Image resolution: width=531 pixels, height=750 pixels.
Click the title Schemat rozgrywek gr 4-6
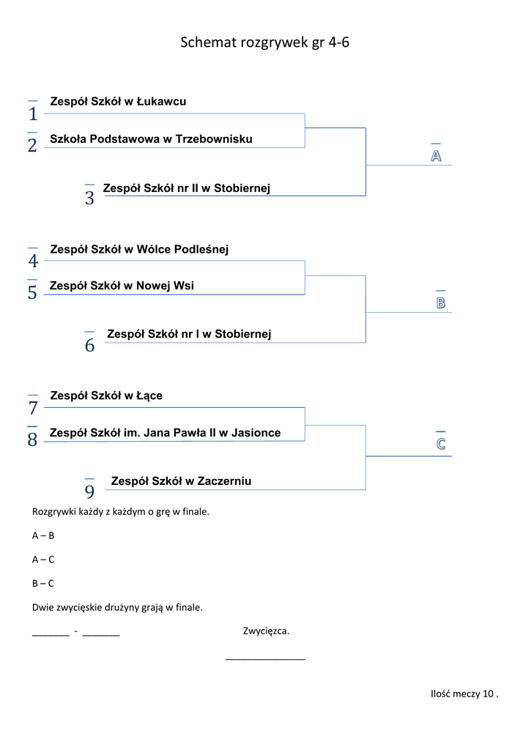264,42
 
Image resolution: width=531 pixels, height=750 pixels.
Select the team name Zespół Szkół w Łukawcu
118,102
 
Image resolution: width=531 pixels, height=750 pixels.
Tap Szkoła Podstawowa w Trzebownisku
151,139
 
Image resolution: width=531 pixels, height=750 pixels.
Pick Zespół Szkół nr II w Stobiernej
187,189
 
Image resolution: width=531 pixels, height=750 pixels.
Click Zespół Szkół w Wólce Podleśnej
139,250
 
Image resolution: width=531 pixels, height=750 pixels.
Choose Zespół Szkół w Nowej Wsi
122,286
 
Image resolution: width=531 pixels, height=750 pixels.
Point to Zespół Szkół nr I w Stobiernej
189,334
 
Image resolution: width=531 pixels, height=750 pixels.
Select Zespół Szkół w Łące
106,396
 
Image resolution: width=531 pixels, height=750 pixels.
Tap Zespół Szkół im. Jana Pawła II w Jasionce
165,433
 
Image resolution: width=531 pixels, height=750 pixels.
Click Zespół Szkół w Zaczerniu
181,481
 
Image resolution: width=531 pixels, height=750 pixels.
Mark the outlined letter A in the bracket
436,156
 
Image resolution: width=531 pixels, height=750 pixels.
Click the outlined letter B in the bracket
441,302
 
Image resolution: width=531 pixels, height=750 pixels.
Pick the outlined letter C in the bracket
441,445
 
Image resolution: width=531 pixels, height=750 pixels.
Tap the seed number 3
89,198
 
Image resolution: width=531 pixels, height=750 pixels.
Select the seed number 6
89,346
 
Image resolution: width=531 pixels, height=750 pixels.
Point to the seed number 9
89,492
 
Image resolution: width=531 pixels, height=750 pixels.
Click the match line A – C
43,560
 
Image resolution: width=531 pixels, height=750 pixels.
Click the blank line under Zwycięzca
265,659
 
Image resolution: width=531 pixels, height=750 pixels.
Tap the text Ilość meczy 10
464,694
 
